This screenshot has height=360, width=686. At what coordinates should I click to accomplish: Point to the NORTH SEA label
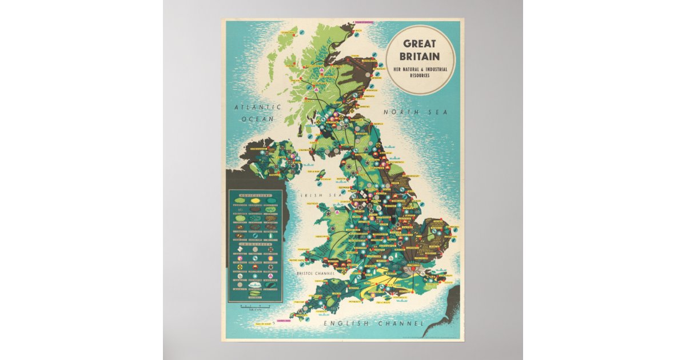(415, 113)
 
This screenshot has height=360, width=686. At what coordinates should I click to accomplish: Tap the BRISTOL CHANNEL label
(315, 274)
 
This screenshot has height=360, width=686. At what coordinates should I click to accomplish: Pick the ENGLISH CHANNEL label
(374, 324)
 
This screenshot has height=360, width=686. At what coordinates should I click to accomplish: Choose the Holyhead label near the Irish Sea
(312, 203)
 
